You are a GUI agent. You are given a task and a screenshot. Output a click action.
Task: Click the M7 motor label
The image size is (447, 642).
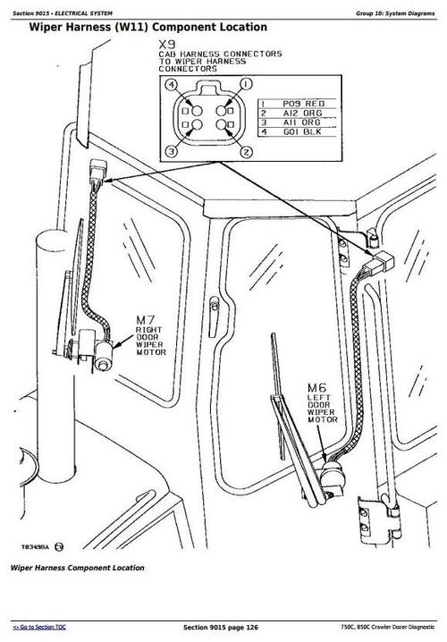147,319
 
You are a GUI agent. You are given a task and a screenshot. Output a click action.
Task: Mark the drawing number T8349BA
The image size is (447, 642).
32,542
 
